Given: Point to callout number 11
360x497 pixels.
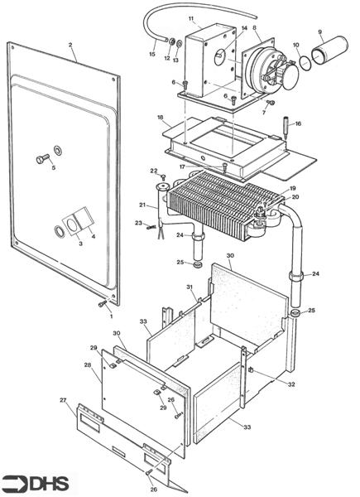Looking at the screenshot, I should click(191, 18).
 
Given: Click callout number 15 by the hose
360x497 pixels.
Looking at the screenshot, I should click(151, 55).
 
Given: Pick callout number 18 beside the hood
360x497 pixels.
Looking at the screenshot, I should click(161, 118).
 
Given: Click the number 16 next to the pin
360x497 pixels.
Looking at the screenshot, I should click(298, 123).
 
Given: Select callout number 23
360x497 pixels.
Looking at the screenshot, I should click(138, 223).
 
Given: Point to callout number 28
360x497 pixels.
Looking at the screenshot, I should click(87, 364).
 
